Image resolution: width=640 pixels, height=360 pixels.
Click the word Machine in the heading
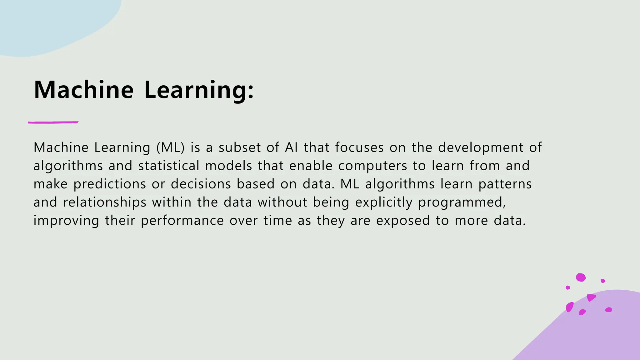click(x=84, y=90)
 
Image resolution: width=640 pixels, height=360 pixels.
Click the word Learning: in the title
click(x=199, y=91)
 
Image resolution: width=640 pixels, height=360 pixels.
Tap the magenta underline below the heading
click(x=53, y=122)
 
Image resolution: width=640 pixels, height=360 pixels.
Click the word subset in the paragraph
click(x=240, y=147)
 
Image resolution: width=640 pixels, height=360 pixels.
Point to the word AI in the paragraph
click(x=291, y=147)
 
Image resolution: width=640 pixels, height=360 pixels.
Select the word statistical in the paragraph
click(x=169, y=166)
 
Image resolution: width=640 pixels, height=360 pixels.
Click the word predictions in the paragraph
click(x=110, y=184)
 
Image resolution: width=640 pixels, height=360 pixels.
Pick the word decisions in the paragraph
click(x=201, y=184)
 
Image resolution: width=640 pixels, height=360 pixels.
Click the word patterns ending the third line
click(x=505, y=184)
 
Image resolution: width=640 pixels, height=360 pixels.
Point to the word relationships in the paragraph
click(x=105, y=202)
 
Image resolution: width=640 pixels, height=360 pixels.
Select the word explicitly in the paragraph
click(x=384, y=202)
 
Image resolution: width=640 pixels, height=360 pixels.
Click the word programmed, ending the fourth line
click(x=462, y=202)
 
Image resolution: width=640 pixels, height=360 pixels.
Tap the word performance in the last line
click(x=182, y=221)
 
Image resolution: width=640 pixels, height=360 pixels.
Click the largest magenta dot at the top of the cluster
click(x=581, y=277)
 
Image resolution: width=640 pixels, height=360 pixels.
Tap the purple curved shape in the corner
click(x=594, y=331)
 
